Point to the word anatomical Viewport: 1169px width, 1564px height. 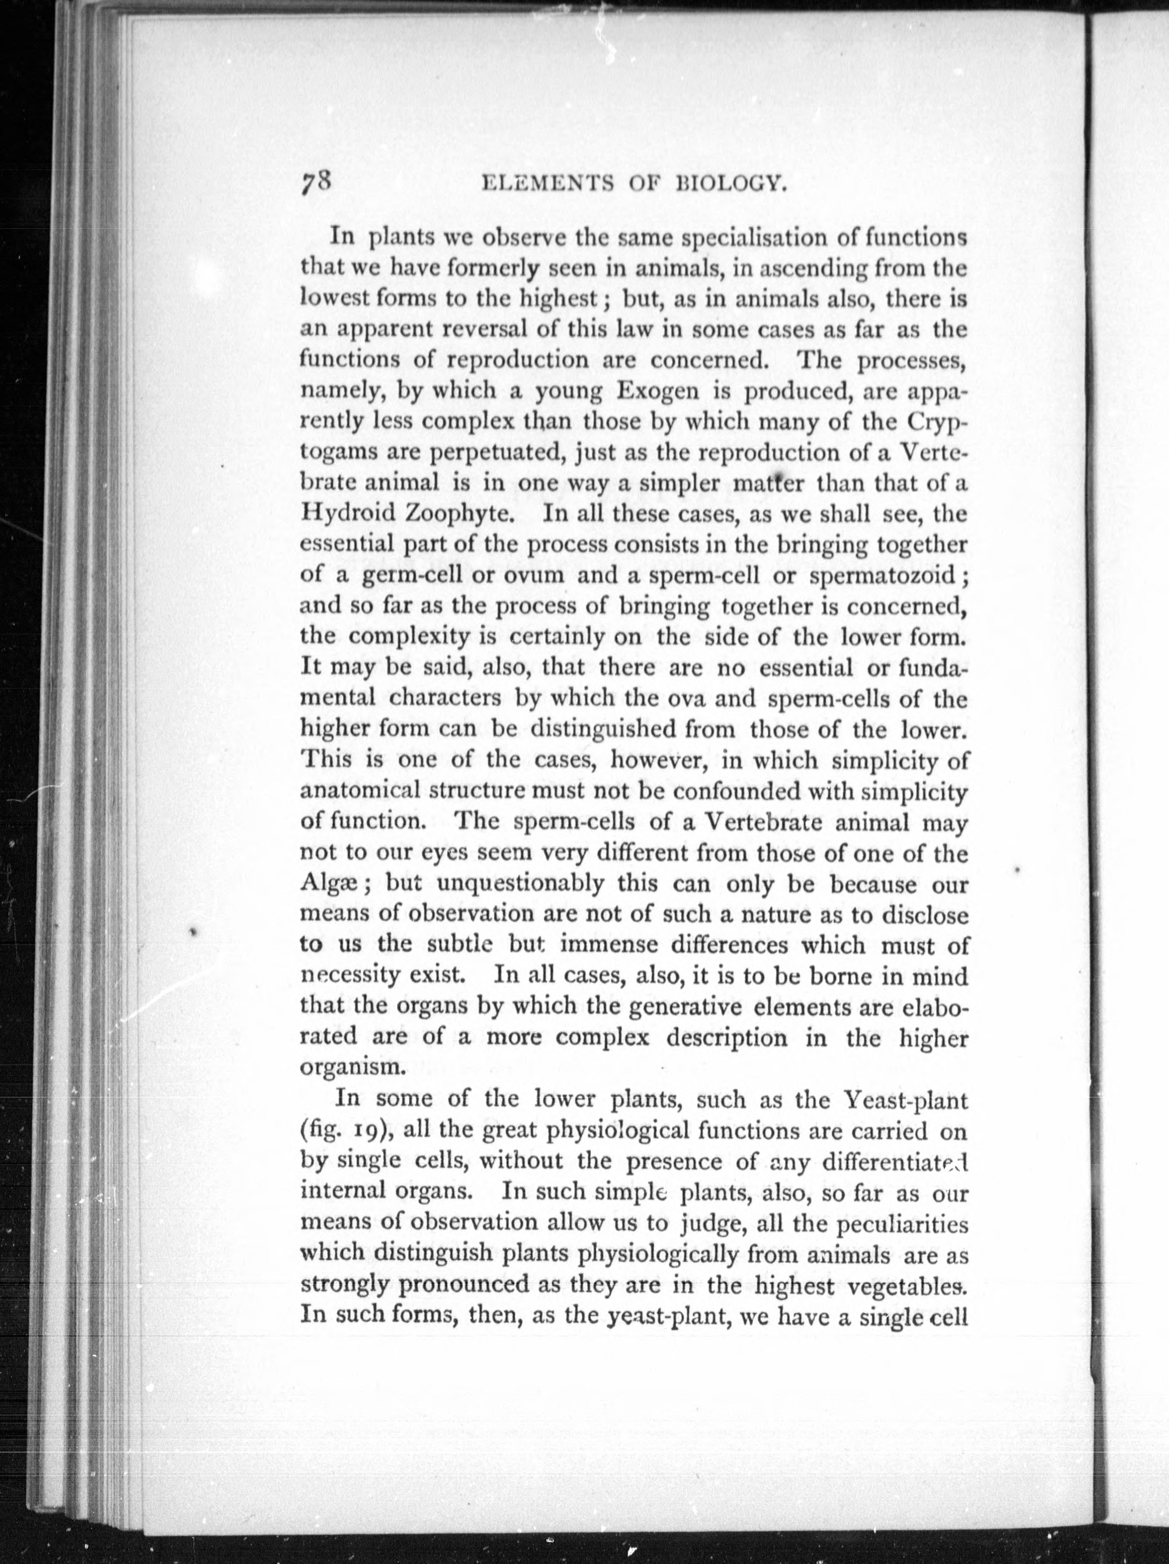coord(360,791)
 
